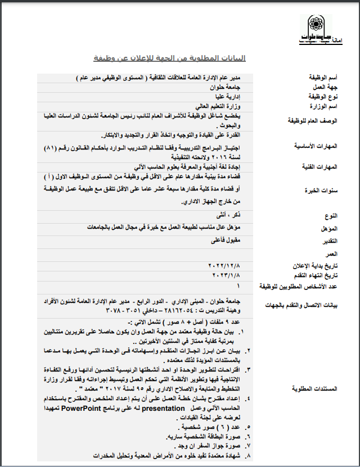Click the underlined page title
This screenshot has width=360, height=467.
[169, 58]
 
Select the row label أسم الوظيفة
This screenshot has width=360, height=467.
[322, 78]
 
